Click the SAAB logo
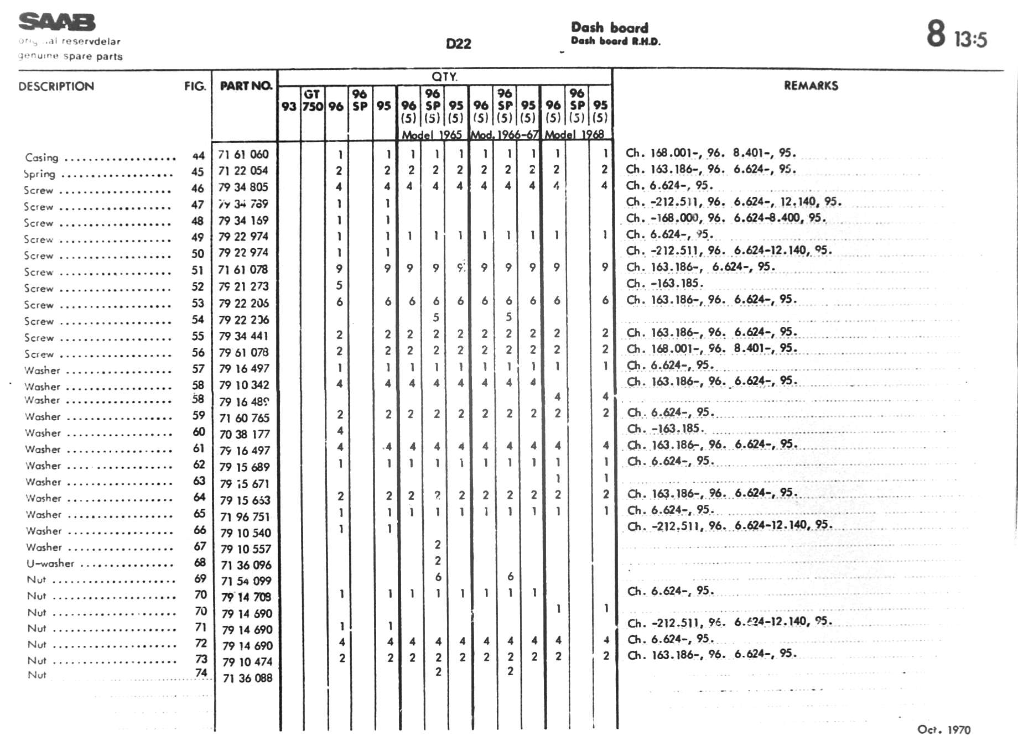[56, 22]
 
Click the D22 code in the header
[458, 44]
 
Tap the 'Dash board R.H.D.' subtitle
[615, 41]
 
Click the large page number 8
[936, 33]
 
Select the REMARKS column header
[811, 86]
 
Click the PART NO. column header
[246, 86]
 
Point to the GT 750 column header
[313, 100]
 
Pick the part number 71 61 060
[243, 154]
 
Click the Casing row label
[41, 158]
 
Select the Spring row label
[39, 174]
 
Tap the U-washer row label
[50, 563]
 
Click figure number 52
[198, 286]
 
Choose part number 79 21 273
[243, 286]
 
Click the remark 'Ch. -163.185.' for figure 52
[664, 283]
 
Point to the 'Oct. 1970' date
[943, 730]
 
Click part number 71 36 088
[247, 678]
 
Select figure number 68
[200, 562]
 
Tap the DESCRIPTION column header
[56, 86]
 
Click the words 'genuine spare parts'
[70, 56]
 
